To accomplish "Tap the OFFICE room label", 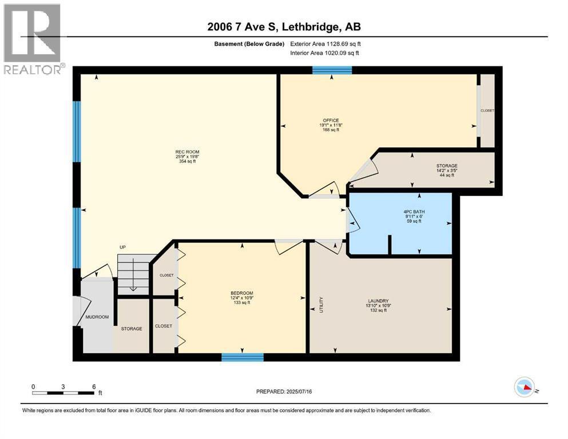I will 330,121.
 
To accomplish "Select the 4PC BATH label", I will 413,211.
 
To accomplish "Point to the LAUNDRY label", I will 379,301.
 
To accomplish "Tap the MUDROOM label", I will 97,317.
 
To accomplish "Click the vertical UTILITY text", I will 321,304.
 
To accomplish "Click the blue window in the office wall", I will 332,70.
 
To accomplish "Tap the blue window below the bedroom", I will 243,357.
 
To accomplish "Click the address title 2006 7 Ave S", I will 284,27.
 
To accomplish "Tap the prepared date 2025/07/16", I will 284,392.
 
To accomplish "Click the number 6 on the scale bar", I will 94,386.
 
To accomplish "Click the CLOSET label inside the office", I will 487,110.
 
